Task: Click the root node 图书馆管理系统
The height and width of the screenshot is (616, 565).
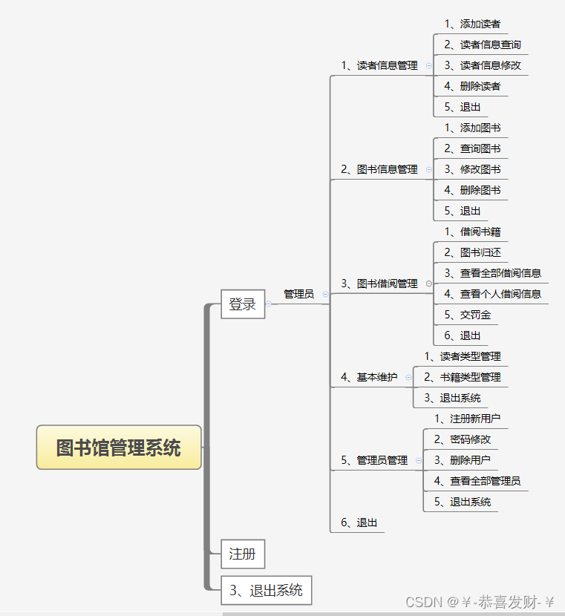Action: [x=119, y=448]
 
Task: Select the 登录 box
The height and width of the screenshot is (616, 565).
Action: [x=243, y=304]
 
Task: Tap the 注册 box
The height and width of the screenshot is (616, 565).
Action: [x=243, y=554]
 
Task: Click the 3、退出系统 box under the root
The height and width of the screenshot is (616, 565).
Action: [x=266, y=591]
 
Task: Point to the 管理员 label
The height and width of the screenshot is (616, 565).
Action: [x=299, y=294]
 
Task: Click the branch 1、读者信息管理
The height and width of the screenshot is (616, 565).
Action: [x=379, y=65]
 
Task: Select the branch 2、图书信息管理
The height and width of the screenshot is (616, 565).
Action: [x=379, y=169]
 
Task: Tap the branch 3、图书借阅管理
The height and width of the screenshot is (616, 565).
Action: [x=379, y=284]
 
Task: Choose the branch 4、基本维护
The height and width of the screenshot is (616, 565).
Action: [x=369, y=377]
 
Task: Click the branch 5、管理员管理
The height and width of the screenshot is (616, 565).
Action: [x=374, y=460]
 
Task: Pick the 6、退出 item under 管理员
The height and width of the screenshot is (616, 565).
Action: [x=359, y=522]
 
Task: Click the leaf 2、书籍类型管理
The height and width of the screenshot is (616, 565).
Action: [x=462, y=377]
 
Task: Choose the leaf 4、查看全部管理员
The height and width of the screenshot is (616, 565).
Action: [x=477, y=481]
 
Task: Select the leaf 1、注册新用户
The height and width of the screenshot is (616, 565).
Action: [x=467, y=419]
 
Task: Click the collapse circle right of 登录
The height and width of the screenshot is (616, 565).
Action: [x=269, y=304]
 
